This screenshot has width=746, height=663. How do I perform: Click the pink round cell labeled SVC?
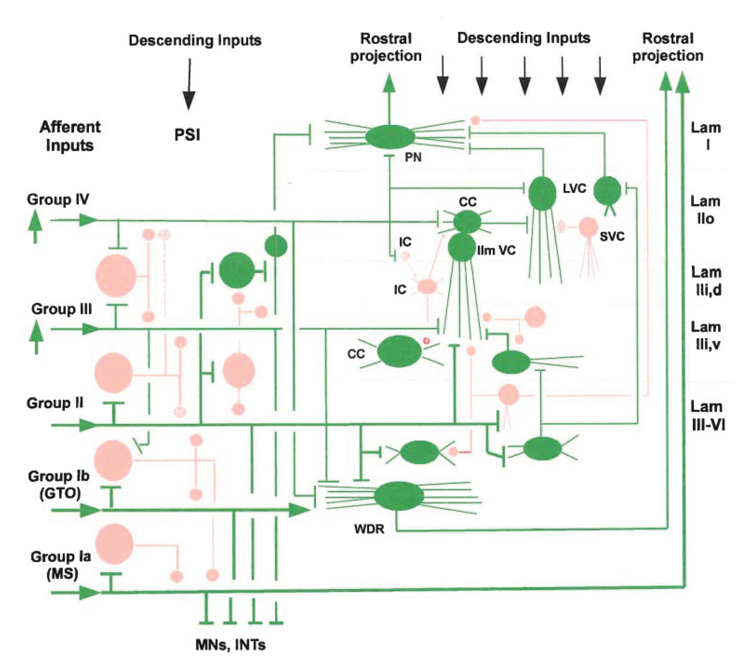click(x=588, y=227)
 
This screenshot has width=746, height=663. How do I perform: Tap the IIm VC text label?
click(x=496, y=250)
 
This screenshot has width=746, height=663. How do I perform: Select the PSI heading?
click(x=187, y=135)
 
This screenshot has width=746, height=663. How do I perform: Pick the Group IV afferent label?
click(x=58, y=199)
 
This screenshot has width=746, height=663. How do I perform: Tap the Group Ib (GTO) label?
click(x=59, y=485)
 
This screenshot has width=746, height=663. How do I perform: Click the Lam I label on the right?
click(x=706, y=136)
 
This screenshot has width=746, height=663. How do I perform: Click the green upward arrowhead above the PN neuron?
click(x=390, y=83)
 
